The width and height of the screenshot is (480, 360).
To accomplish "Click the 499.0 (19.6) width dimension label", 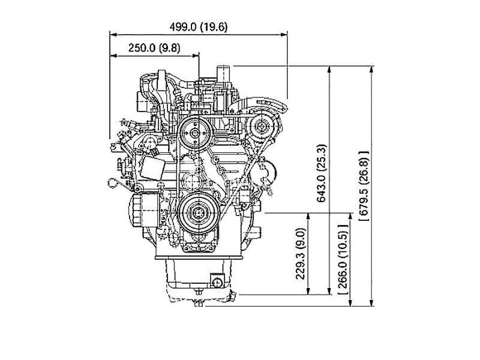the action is pyautogui.click(x=199, y=27).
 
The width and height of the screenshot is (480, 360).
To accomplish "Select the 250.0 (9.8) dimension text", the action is pyautogui.click(x=154, y=48).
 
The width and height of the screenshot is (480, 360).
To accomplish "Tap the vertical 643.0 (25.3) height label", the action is pyautogui.click(x=322, y=173).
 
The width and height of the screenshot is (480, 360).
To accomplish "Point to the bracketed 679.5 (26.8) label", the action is pyautogui.click(x=364, y=185).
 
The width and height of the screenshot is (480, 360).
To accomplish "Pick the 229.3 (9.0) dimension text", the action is pyautogui.click(x=301, y=253).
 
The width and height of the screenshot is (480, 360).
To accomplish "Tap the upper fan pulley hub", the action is pyautogui.click(x=194, y=133).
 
